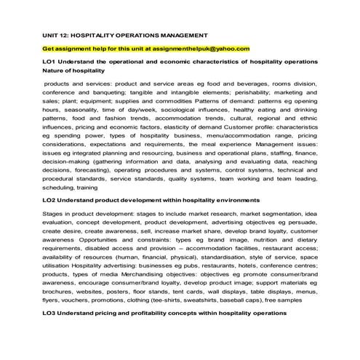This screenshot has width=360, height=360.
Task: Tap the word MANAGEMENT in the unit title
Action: click(184, 35)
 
